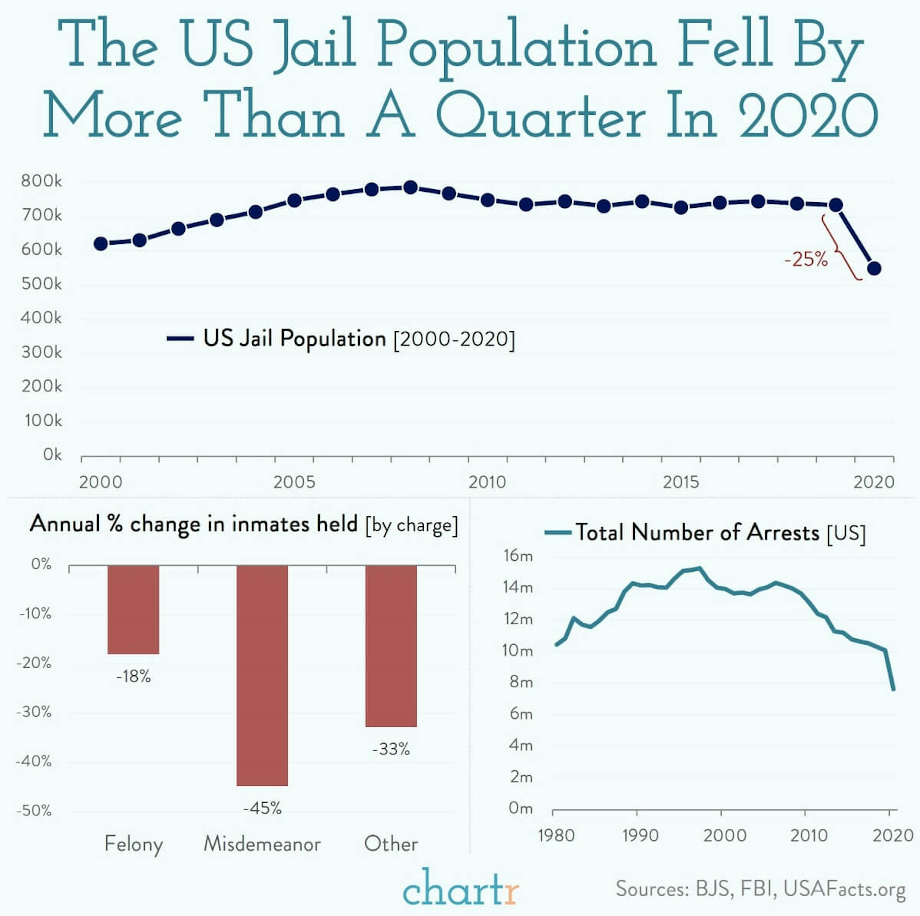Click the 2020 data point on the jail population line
(x=874, y=269)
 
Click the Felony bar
(x=133, y=609)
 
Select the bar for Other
(x=391, y=646)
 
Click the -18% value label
(x=133, y=676)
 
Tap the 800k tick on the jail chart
(x=41, y=181)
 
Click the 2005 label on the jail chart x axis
(x=294, y=482)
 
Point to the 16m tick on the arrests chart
(x=517, y=555)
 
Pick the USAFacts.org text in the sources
(x=844, y=889)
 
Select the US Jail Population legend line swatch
(x=180, y=338)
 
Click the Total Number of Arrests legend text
(x=698, y=532)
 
